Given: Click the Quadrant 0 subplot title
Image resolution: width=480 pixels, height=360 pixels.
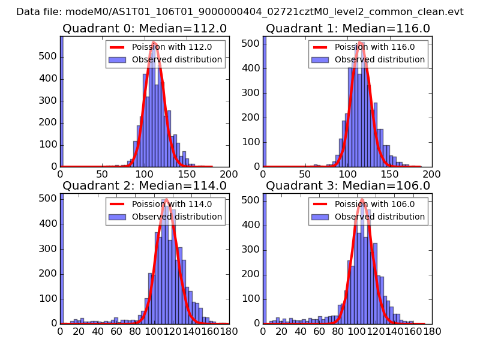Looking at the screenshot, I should [x=145, y=28].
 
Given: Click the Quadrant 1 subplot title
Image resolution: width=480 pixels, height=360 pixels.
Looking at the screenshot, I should [x=348, y=28].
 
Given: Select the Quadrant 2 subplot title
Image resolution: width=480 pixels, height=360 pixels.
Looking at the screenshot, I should [x=145, y=185].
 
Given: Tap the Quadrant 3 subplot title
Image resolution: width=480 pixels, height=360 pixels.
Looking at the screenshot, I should [x=348, y=185].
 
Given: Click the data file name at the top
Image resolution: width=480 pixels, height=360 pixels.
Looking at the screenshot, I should [x=240, y=11].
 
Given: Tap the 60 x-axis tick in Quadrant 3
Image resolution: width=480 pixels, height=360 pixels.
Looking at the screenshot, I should [x=320, y=331].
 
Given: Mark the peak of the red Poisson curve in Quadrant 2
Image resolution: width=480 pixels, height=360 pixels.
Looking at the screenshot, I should [x=166, y=199].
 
